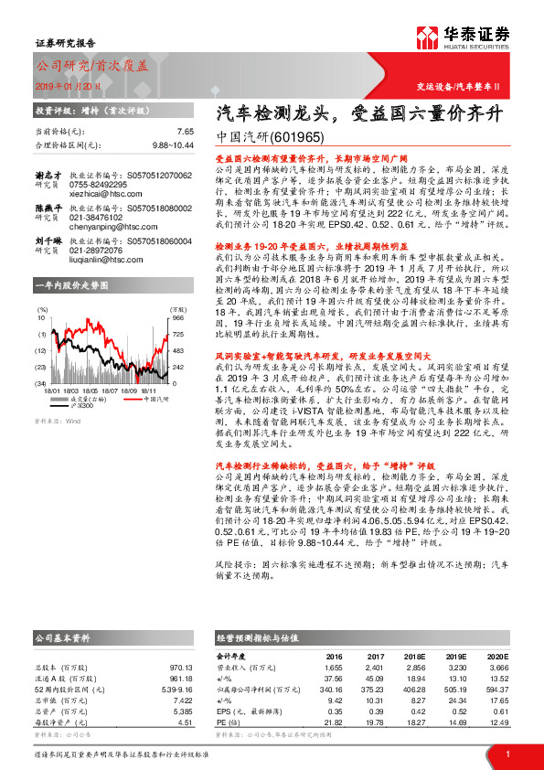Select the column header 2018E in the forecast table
[415, 656]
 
